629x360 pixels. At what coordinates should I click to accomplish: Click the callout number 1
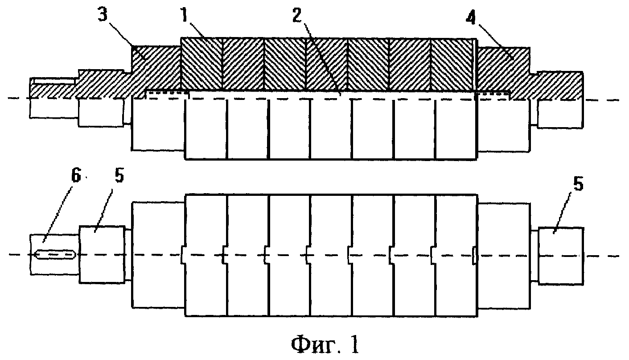[185, 15]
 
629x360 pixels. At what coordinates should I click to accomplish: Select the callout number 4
[471, 18]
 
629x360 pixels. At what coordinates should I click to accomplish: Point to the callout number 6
[76, 176]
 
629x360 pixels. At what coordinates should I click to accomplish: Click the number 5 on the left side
[119, 177]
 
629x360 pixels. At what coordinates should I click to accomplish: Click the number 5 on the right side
[577, 184]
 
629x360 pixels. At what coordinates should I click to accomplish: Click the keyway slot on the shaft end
[55, 254]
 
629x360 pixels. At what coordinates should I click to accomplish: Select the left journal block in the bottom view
[102, 254]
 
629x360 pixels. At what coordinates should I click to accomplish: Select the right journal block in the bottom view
[560, 256]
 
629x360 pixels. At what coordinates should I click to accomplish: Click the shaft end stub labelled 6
[54, 254]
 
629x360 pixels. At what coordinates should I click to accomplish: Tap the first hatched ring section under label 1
[201, 64]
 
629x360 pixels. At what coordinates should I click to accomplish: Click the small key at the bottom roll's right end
[474, 255]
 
